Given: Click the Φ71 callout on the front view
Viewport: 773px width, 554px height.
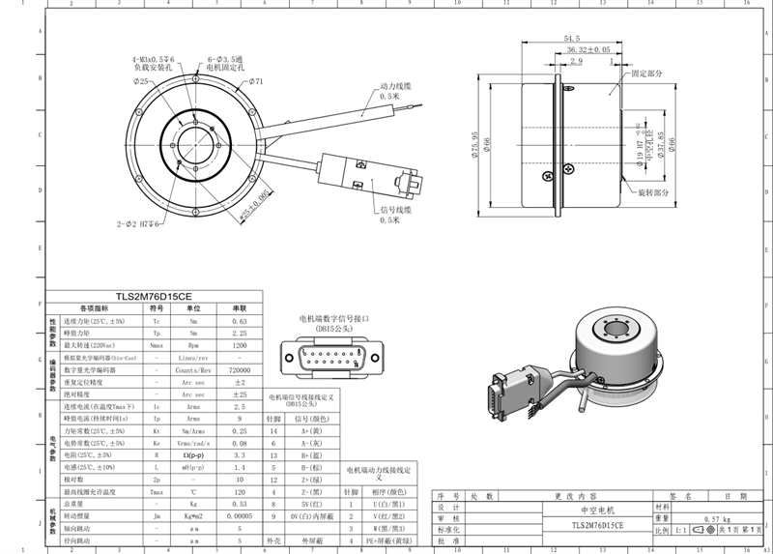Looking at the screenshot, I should click(x=255, y=82).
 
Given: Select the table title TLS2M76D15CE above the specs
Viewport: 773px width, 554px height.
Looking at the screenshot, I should click(x=153, y=297).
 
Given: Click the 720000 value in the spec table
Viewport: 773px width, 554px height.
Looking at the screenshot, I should click(x=241, y=369).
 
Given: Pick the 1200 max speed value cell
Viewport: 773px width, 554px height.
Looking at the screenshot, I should click(x=241, y=344).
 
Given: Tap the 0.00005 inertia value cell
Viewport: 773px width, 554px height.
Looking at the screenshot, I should click(x=241, y=516).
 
